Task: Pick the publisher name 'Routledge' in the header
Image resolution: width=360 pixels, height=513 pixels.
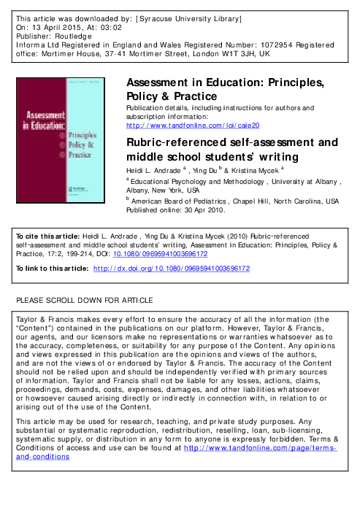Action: [69, 34]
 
